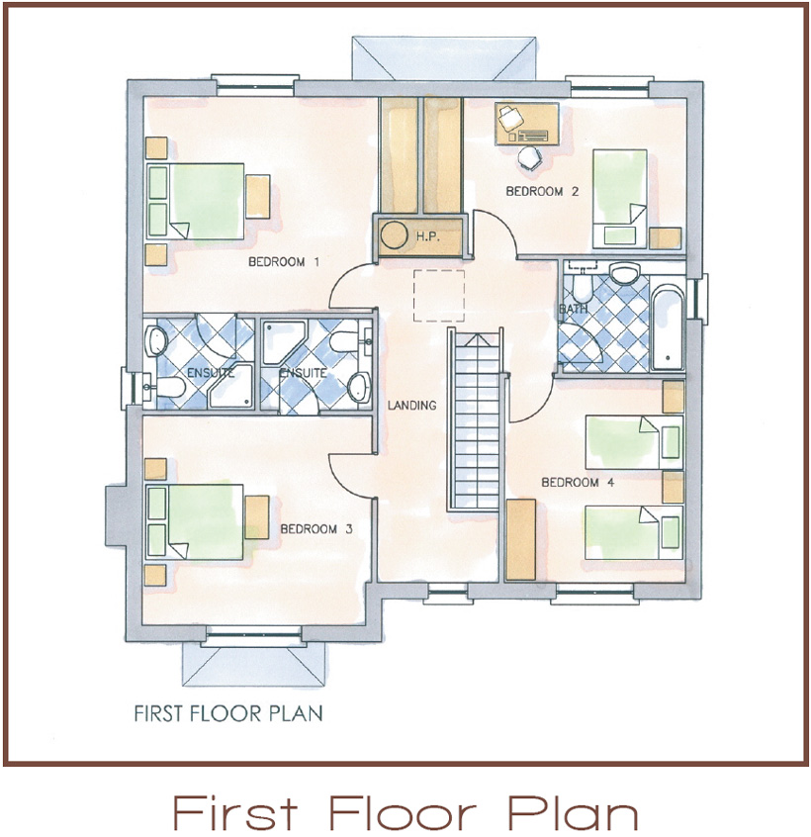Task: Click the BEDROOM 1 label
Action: coord(284,262)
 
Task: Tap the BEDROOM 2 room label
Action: coord(542,191)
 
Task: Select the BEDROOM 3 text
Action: coord(316,529)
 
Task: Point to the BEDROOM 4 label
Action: coord(578,483)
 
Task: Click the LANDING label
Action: coord(411,406)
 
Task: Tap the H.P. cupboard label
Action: coord(428,235)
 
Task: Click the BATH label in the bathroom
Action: coord(574,309)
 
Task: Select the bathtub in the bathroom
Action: coord(668,328)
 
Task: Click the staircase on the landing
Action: coord(475,420)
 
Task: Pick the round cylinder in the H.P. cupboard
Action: coord(394,235)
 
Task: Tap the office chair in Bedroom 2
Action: coord(530,157)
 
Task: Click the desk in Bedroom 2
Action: coord(527,124)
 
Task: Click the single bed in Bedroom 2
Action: coord(619,199)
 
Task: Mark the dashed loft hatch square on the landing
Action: coord(439,296)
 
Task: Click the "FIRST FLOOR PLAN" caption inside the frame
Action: coord(228,713)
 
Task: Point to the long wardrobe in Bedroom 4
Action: coord(521,539)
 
